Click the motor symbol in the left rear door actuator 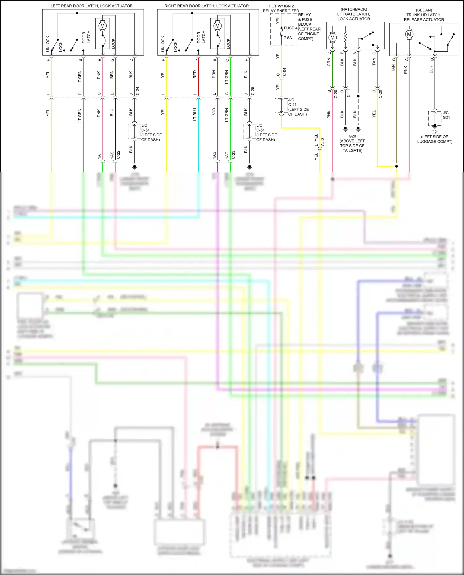[102, 26]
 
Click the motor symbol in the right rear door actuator [217, 26]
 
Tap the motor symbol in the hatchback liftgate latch [333, 38]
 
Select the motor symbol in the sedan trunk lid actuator [409, 34]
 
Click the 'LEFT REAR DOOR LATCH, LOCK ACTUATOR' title [92, 6]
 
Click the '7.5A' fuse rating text [288, 38]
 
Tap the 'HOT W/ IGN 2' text [281, 6]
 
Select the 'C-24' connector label [138, 91]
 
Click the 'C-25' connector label [253, 91]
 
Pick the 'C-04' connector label [285, 72]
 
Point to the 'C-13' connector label [323, 142]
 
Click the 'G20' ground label [352, 136]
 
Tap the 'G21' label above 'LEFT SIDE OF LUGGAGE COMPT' [435, 132]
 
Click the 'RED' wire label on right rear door [195, 74]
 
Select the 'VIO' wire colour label [214, 112]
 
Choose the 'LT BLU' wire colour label [195, 114]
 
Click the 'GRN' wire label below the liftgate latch [329, 62]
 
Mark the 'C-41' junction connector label [292, 104]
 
